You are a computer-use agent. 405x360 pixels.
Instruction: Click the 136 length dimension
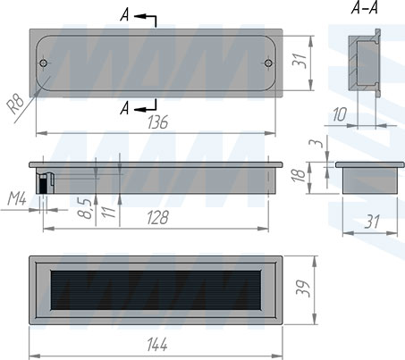pos(158,122)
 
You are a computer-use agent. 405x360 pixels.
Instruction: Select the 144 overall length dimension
pos(157,345)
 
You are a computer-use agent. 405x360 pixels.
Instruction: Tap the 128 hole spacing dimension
pos(158,217)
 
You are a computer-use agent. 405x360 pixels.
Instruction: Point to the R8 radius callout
pos(15,104)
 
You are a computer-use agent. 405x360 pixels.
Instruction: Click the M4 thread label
pos(17,198)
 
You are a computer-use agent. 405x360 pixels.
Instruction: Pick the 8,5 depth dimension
pos(87,208)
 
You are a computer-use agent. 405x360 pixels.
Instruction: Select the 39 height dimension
pos(303,289)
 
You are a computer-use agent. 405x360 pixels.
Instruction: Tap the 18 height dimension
pos(299,175)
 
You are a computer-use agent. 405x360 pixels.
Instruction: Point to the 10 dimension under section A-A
pos(340,114)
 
